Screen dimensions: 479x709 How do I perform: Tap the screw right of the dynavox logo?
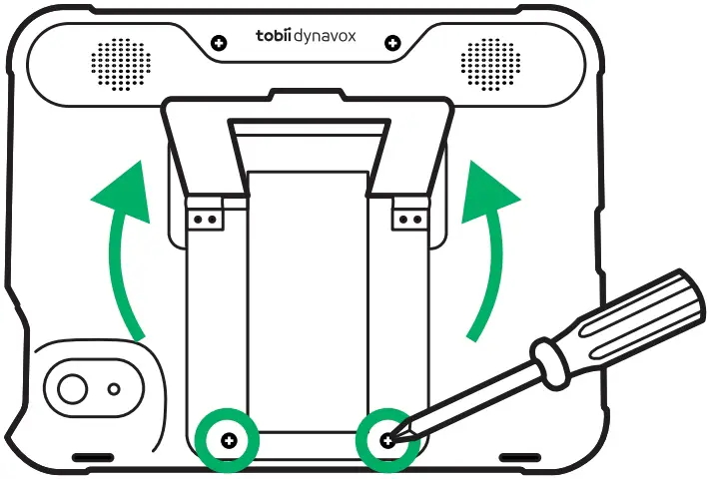tap(392, 42)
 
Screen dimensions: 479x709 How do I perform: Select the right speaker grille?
tap(490, 62)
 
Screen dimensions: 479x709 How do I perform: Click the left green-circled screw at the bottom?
tap(229, 439)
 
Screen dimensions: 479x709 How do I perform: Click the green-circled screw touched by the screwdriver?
tap(386, 439)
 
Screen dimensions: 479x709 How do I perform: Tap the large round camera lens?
tap(72, 386)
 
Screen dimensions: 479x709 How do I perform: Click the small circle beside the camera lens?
tap(115, 387)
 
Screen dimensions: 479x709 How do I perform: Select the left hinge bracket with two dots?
tap(206, 215)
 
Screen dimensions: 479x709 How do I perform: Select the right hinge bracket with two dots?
tap(406, 215)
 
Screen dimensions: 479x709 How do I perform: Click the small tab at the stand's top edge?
tap(307, 96)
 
